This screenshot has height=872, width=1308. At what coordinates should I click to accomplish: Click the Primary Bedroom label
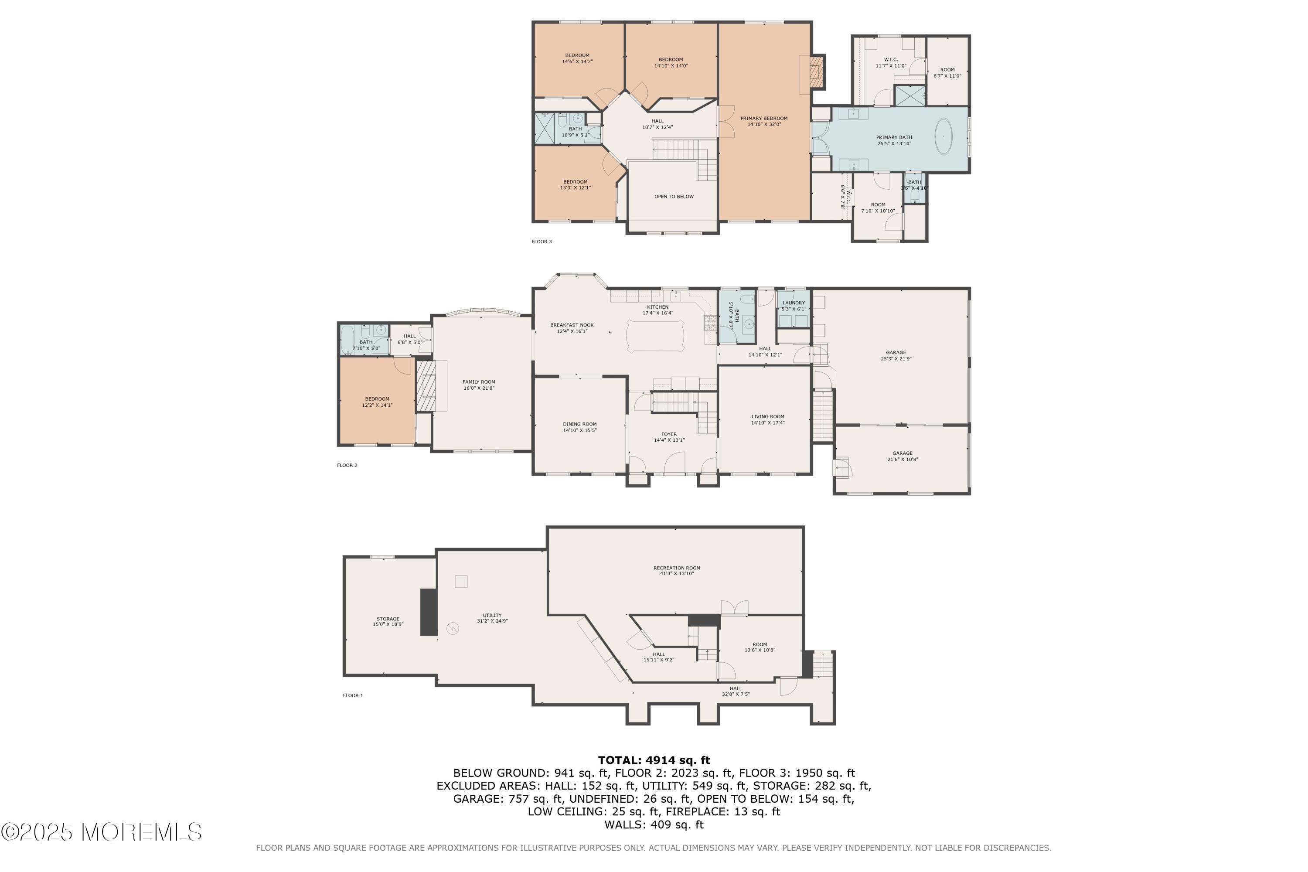[763, 121]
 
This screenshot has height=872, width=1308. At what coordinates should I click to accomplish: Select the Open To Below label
[674, 196]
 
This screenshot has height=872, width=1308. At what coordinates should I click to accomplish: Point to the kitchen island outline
[656, 336]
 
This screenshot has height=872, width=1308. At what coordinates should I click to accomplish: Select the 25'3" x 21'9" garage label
[896, 355]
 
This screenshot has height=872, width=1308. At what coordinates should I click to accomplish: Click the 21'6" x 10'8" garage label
[902, 456]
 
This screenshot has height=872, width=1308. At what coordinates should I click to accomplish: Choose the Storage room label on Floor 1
[388, 621]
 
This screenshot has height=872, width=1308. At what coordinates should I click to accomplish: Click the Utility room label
[492, 618]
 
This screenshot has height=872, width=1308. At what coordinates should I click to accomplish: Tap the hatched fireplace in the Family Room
[426, 386]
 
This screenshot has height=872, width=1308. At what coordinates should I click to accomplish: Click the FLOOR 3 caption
[541, 242]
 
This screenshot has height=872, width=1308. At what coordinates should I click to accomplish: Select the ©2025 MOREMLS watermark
[101, 832]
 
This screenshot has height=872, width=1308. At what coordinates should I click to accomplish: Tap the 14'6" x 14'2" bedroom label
[577, 58]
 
